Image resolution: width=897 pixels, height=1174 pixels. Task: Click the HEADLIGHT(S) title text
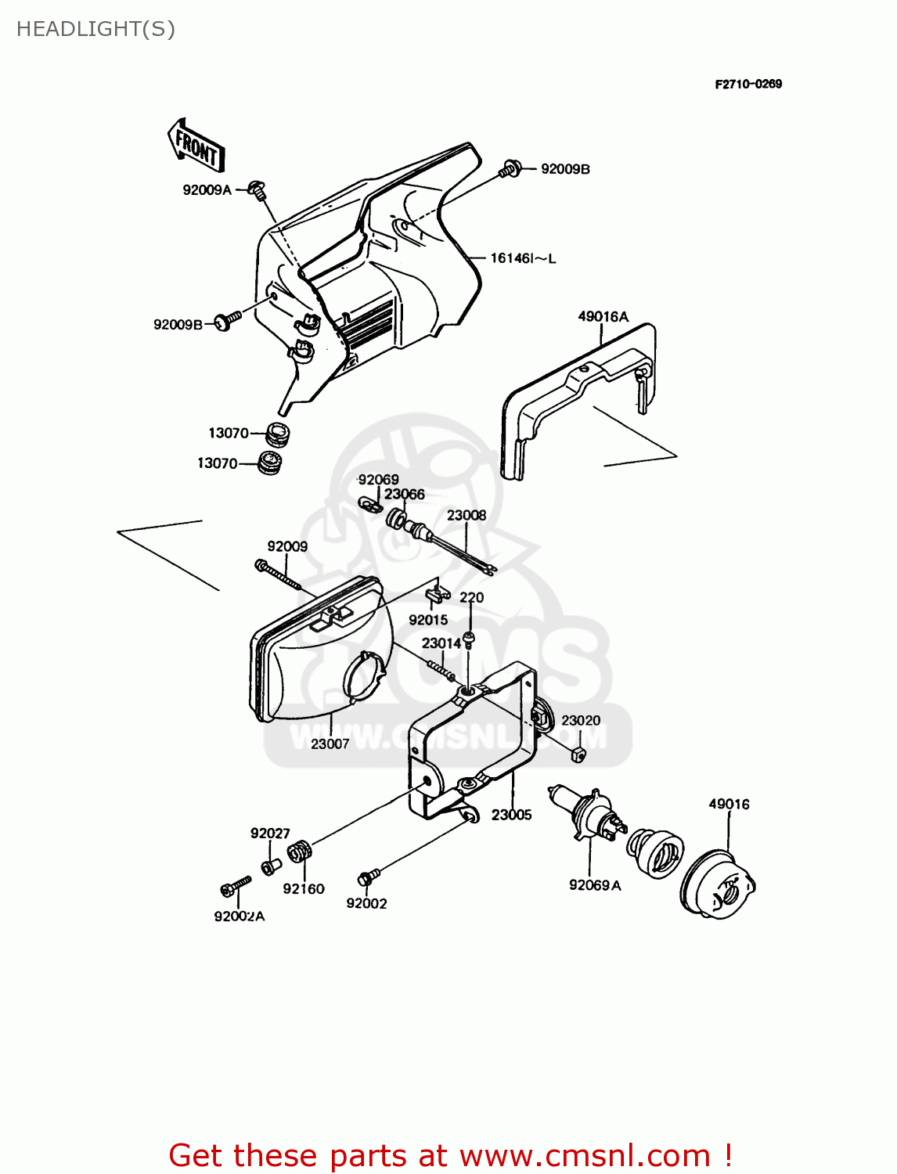click(95, 29)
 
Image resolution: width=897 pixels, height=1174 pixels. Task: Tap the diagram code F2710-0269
click(747, 84)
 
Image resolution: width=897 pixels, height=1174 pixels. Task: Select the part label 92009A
click(207, 189)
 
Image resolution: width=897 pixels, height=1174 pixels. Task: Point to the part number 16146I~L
click(523, 258)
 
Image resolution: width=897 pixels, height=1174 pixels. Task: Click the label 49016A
click(603, 316)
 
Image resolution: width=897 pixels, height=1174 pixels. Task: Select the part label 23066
click(404, 494)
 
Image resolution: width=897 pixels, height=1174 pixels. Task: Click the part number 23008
click(467, 515)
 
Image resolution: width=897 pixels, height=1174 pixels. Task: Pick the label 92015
click(428, 620)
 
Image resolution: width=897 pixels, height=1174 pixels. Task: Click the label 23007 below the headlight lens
click(330, 744)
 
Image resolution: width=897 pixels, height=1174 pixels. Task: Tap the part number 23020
click(581, 720)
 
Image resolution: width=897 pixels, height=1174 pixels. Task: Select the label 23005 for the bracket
click(511, 815)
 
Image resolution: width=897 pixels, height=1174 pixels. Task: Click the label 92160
click(304, 888)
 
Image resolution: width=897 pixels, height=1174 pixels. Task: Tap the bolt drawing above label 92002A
click(235, 887)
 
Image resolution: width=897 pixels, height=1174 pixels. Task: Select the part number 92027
click(270, 834)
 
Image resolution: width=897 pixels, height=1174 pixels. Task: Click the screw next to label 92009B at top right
click(510, 168)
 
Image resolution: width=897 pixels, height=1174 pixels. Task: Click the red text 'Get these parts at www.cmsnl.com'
click(450, 1155)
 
